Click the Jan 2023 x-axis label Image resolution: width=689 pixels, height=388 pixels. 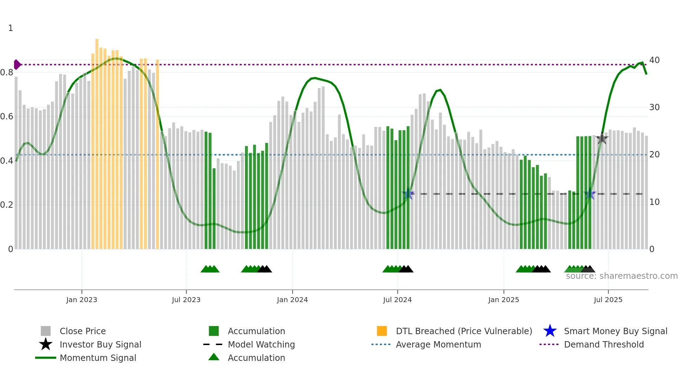(82, 300)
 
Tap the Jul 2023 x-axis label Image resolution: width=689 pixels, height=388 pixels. (186, 300)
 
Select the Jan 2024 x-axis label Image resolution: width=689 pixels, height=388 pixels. (292, 300)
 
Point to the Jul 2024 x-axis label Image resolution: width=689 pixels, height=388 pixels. (397, 300)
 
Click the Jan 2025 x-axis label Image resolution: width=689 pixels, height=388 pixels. (503, 300)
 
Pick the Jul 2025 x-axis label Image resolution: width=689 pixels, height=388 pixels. (608, 300)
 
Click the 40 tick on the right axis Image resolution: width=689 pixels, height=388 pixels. (654, 60)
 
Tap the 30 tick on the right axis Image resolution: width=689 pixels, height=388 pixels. (654, 107)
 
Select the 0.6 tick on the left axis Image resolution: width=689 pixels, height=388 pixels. (7, 117)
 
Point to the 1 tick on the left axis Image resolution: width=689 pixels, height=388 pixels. (11, 28)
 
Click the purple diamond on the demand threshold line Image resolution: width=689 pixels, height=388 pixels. (17, 65)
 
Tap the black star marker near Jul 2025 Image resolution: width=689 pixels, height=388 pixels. (602, 139)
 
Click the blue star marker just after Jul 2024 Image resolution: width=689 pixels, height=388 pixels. (408, 194)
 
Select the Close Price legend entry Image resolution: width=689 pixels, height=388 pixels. (83, 331)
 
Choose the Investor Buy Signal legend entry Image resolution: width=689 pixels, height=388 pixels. (100, 344)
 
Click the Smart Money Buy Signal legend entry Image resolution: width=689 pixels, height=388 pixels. (615, 331)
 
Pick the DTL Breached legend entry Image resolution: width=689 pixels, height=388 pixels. (464, 331)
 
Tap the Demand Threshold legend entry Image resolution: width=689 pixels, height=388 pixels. (604, 344)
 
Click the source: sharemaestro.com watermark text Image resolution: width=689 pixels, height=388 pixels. (622, 276)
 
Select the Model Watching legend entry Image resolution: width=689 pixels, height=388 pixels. (261, 344)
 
